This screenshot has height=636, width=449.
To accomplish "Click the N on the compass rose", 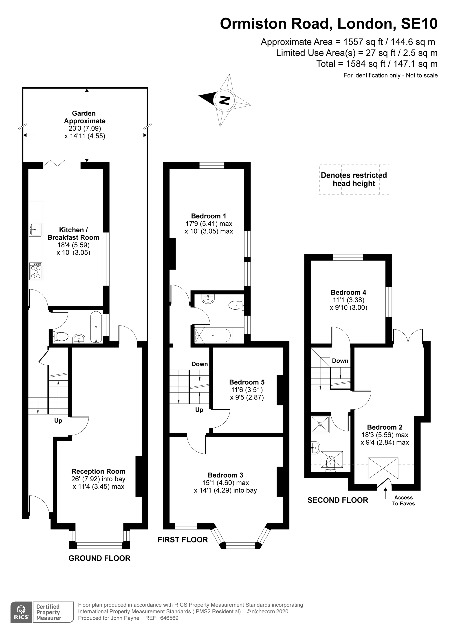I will click(225, 100).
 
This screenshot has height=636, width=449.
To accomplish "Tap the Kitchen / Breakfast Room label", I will click(73, 234).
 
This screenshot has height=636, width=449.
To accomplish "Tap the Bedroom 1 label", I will click(209, 216).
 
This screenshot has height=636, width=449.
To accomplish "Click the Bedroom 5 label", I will click(247, 382).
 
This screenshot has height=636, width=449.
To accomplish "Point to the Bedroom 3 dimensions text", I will click(225, 486).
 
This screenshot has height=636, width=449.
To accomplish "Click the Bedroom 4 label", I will click(348, 292).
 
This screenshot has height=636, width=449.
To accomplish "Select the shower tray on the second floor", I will click(320, 424).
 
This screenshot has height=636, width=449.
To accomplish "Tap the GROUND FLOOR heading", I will click(99, 558).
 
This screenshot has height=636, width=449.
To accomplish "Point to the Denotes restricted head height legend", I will click(354, 179).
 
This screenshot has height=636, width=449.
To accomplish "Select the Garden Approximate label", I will click(84, 117).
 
